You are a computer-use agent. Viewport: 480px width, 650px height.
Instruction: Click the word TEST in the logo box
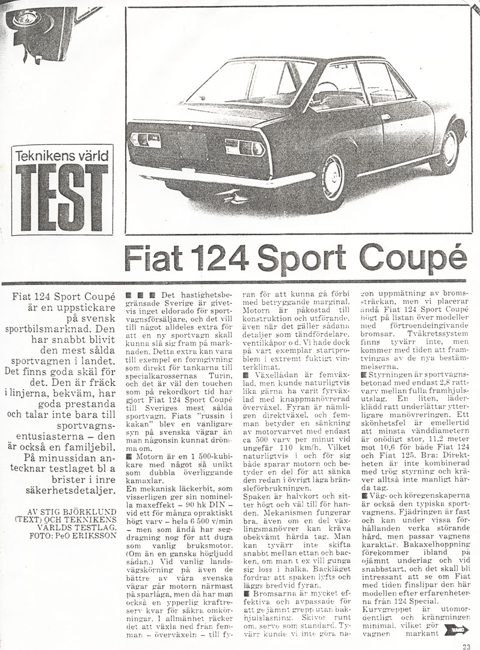(62, 197)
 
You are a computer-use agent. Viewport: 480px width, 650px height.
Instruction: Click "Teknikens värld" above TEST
(62, 155)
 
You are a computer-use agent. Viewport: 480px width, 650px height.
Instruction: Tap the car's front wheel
(451, 148)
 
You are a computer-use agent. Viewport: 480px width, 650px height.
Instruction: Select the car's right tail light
(244, 147)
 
